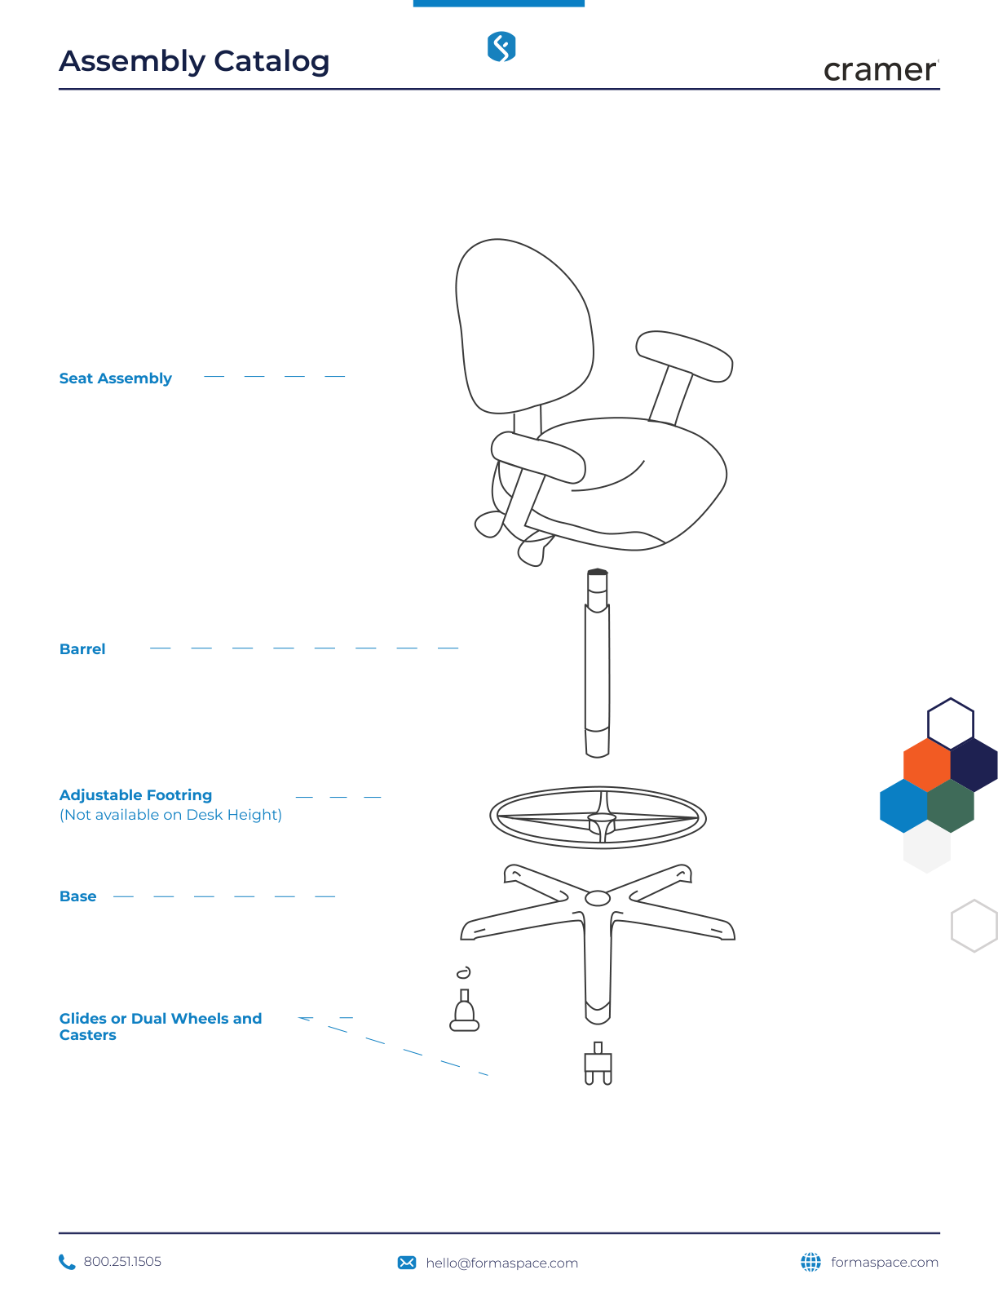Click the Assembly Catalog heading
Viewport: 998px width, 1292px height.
click(194, 62)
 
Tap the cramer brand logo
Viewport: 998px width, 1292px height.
click(881, 70)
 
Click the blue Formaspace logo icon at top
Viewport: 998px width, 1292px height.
click(501, 46)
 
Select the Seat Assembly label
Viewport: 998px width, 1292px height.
click(115, 378)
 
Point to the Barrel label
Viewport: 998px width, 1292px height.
click(82, 648)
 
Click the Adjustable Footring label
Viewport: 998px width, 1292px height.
click(135, 795)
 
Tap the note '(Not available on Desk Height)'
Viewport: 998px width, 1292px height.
click(170, 815)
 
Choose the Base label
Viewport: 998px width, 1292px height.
click(77, 896)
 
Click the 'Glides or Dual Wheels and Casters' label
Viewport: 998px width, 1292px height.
click(161, 1026)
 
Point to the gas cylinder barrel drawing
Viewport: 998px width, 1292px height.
click(597, 663)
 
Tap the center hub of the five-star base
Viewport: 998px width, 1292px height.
click(598, 898)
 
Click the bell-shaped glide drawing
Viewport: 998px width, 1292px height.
click(464, 1010)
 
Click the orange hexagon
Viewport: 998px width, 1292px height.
click(927, 765)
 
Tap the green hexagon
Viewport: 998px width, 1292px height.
click(950, 806)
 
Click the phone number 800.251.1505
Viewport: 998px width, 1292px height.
click(122, 1261)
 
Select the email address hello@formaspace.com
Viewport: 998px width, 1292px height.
click(501, 1263)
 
